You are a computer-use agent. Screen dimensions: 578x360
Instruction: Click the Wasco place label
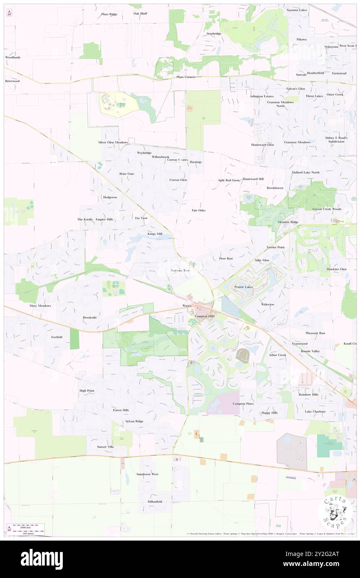(x=187, y=306)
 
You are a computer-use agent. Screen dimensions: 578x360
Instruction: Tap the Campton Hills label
(x=202, y=316)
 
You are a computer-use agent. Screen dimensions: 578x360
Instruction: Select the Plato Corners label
(x=186, y=77)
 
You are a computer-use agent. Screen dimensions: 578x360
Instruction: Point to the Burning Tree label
(x=180, y=270)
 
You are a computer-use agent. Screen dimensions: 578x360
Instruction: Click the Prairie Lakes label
(x=243, y=287)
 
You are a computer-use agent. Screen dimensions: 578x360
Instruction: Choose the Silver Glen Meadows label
(x=113, y=142)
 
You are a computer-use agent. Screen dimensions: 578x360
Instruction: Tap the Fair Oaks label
(x=198, y=210)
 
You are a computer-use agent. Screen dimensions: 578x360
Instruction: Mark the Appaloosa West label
(x=147, y=474)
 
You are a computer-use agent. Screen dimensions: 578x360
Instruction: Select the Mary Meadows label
(x=40, y=306)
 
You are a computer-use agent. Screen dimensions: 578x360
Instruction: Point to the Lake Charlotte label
(x=315, y=411)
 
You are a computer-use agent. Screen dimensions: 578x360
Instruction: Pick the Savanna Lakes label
(x=297, y=10)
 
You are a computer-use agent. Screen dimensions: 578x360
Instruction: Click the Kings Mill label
(x=155, y=234)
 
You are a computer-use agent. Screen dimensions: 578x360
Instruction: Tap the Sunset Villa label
(x=105, y=447)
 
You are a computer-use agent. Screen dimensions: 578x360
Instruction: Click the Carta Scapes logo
(x=335, y=511)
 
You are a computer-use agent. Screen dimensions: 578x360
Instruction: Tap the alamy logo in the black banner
(x=42, y=559)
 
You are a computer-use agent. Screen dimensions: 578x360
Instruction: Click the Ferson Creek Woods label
(x=327, y=209)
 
